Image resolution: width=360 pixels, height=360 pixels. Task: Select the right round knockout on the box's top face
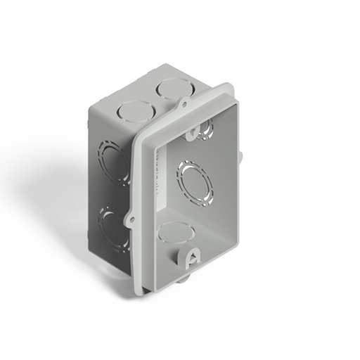(x=169, y=89)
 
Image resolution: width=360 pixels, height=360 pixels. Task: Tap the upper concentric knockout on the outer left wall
(x=112, y=162)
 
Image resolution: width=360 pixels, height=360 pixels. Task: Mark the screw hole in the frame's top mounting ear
(x=183, y=105)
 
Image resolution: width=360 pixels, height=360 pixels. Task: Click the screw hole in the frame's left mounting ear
(x=131, y=219)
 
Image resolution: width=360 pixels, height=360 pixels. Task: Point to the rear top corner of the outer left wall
(x=89, y=103)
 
